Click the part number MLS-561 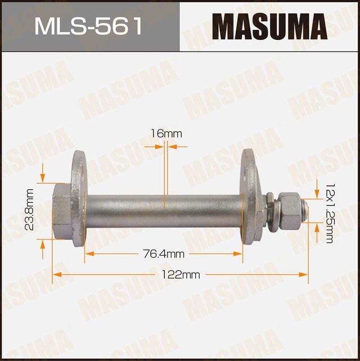(x=89, y=26)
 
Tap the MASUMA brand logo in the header (x=269, y=26)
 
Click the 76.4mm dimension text (x=163, y=253)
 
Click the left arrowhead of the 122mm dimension (x=56, y=275)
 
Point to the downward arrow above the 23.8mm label (x=43, y=177)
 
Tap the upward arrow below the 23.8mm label (x=43, y=243)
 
